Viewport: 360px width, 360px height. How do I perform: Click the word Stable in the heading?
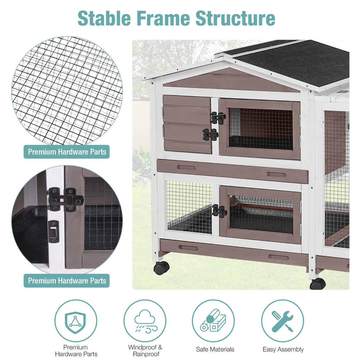coord(104,18)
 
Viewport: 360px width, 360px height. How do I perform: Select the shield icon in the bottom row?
coord(76,321)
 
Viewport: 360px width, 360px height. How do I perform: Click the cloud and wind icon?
coord(145,321)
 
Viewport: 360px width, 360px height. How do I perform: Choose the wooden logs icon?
coord(213,321)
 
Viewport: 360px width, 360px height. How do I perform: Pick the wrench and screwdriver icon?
coord(282,321)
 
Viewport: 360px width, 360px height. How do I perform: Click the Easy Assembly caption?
coord(283,349)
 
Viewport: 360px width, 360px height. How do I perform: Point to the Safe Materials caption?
coord(215,349)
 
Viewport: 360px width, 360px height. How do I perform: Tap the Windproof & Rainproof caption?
coord(145,351)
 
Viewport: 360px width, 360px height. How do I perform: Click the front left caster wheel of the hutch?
coord(161,268)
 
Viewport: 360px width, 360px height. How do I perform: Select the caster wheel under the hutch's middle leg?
coord(318,284)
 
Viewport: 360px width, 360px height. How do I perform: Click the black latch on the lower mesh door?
coord(219,211)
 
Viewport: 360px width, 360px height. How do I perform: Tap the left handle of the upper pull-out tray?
coord(186,168)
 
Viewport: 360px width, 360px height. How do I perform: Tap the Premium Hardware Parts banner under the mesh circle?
coord(67,152)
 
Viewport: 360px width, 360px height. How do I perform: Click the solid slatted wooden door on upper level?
coord(187,124)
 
